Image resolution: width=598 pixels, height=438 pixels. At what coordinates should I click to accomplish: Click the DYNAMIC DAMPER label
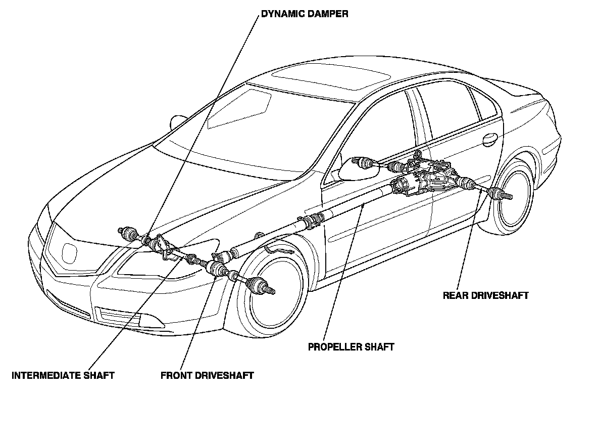coord(304,14)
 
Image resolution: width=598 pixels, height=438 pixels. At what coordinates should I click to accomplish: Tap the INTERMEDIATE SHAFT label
coord(63,375)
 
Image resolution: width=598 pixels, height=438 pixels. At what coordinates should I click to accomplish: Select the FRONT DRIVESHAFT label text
coord(207,375)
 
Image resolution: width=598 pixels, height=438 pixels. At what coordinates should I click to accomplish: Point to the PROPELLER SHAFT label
coord(351,347)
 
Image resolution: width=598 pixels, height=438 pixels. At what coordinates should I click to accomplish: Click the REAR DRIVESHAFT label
coord(485,295)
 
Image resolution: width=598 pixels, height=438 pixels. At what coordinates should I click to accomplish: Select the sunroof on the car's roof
coord(331,78)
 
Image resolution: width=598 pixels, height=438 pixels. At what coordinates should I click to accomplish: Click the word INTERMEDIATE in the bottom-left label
coord(46,375)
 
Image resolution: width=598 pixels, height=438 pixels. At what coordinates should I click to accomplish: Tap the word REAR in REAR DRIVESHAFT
coord(454,295)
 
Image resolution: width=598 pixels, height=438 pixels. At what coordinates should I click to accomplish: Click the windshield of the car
coord(237,137)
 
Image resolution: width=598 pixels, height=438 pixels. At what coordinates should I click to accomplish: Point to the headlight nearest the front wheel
coord(152,263)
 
